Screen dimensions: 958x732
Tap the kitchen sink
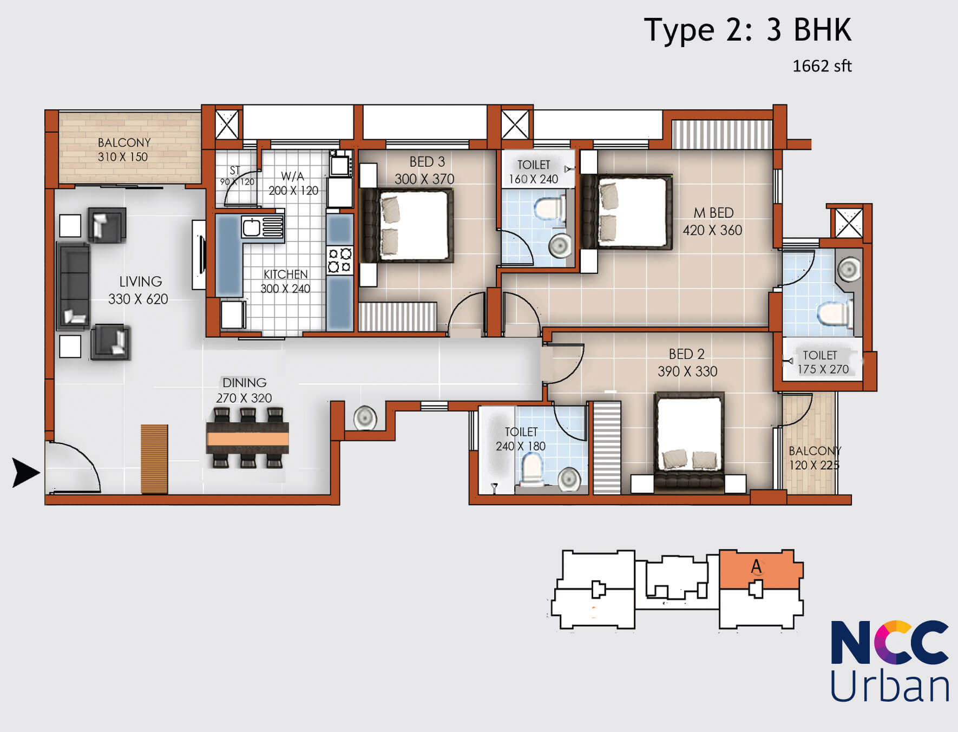tap(263, 227)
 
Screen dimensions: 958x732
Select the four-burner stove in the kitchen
tap(340, 260)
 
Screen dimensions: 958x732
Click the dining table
tap(247, 437)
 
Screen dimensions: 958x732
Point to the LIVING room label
tap(141, 282)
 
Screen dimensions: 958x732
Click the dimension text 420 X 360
tap(712, 230)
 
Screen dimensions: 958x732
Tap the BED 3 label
tap(427, 162)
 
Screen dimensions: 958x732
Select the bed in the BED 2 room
tap(688, 442)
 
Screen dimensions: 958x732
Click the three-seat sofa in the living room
tap(73, 286)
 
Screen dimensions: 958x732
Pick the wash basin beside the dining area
tap(365, 418)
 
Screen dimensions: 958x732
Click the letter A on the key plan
tap(756, 566)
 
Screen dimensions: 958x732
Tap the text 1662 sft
tap(822, 66)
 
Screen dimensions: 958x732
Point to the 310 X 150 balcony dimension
tap(123, 157)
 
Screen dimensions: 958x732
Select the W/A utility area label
tap(292, 176)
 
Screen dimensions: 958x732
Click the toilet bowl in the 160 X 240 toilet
tap(549, 208)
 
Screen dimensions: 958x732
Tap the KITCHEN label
tap(285, 274)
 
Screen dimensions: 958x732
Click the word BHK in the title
tap(823, 30)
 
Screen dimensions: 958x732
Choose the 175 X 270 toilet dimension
tap(823, 369)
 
